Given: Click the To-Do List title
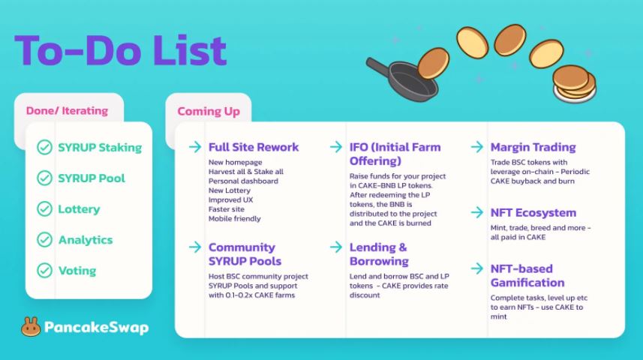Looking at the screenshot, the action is click(121, 50).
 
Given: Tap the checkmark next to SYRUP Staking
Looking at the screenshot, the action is click(44, 147).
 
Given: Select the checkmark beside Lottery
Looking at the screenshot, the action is click(44, 208).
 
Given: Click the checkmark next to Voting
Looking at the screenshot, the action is click(44, 270).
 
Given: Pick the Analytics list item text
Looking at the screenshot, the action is click(86, 240).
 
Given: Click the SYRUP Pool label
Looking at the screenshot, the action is click(92, 178).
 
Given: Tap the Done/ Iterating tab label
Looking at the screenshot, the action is click(67, 111).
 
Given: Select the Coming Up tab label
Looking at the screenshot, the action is click(209, 111).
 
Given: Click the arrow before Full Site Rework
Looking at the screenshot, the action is click(195, 146).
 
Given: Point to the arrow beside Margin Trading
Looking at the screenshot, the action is click(477, 146).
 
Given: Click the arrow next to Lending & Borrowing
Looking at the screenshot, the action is click(336, 247).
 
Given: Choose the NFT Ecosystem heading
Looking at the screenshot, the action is click(533, 213).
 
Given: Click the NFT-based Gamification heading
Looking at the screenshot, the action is click(527, 275).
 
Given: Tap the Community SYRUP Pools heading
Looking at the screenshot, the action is click(245, 254).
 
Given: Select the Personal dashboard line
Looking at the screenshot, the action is click(243, 181).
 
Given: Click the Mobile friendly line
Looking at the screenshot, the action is click(235, 218).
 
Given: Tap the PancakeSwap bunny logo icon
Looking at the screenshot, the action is click(31, 327).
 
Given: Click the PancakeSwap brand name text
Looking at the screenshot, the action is click(96, 327).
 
